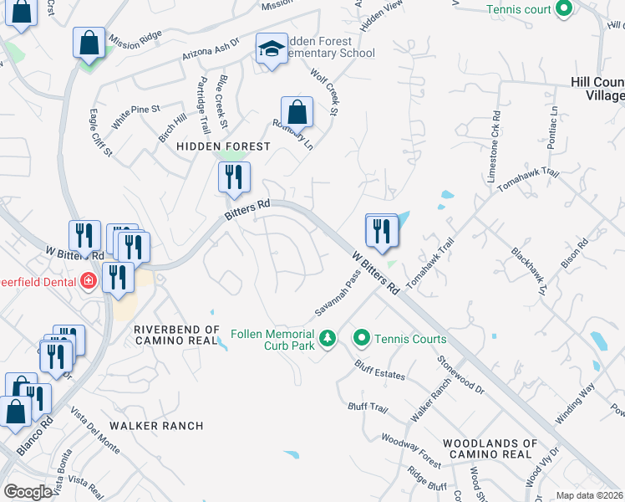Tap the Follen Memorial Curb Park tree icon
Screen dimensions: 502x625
coord(329,338)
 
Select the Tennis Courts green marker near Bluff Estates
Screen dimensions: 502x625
coord(362,339)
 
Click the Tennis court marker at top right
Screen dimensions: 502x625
coord(563,9)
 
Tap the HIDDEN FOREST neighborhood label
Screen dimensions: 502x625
coord(223,146)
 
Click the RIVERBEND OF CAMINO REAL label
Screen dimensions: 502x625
coord(176,336)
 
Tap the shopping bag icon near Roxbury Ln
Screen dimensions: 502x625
coord(297,110)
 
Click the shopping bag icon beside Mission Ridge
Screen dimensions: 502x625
coord(89,43)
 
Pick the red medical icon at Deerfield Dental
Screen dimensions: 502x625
coord(89,281)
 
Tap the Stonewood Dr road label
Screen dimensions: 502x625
coord(460,373)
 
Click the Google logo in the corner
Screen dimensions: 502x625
coord(28,492)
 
